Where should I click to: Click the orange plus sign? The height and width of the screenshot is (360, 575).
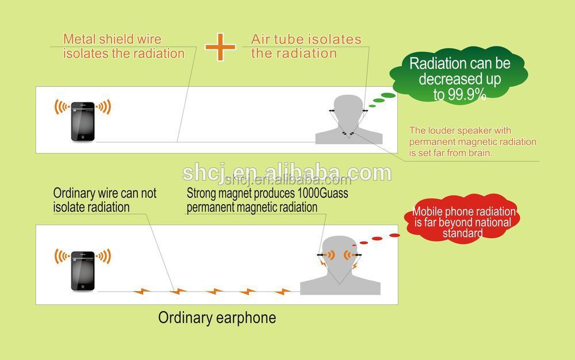click(x=220, y=47)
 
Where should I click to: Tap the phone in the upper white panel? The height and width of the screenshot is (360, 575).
click(x=83, y=121)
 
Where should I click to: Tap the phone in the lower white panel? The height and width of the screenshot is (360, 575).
click(x=83, y=271)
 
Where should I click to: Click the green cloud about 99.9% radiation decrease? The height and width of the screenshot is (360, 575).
click(x=459, y=76)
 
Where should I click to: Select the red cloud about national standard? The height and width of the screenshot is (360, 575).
click(x=462, y=219)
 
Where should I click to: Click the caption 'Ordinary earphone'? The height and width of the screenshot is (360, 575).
click(x=217, y=317)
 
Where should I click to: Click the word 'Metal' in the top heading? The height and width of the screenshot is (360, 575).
click(x=79, y=39)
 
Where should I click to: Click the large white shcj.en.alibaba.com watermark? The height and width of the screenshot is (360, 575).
click(x=287, y=173)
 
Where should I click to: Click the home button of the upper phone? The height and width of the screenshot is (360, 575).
click(x=83, y=137)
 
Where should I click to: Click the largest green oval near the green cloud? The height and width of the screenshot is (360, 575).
click(x=388, y=95)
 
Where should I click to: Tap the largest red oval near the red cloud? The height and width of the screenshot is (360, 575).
click(x=394, y=235)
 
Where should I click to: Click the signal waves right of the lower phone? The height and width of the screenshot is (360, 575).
click(x=103, y=256)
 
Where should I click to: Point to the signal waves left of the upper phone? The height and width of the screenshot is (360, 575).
click(x=62, y=107)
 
